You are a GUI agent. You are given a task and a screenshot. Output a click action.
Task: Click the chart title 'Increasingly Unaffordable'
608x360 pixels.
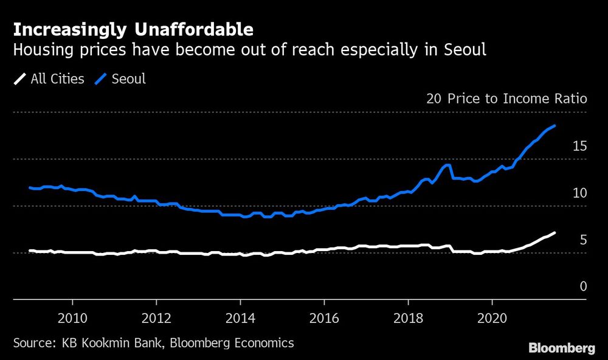click(x=133, y=29)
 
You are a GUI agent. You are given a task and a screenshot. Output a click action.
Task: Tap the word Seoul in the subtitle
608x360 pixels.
click(x=467, y=50)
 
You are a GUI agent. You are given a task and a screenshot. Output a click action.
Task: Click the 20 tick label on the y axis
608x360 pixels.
click(x=434, y=99)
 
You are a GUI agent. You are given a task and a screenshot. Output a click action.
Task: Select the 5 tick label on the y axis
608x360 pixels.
click(x=583, y=240)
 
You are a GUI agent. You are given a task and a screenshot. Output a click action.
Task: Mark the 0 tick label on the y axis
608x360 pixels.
click(x=583, y=286)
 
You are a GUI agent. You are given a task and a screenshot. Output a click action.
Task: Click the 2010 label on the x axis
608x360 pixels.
click(x=72, y=319)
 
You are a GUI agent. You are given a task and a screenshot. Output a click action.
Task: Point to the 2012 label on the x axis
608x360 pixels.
click(x=156, y=319)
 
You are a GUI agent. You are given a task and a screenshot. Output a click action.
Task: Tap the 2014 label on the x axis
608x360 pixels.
click(x=240, y=319)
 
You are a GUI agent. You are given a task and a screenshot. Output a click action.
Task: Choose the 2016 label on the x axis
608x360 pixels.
click(x=324, y=319)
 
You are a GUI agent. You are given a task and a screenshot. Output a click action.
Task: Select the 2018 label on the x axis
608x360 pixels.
click(x=408, y=319)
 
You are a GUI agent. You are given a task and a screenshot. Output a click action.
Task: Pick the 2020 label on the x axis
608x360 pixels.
click(x=492, y=319)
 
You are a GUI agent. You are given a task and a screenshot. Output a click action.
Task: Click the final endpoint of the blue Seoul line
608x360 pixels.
click(x=554, y=126)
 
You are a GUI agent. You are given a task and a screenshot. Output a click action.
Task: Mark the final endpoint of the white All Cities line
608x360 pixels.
click(x=554, y=233)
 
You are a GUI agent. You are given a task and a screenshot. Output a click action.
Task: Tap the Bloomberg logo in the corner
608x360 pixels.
click(x=562, y=348)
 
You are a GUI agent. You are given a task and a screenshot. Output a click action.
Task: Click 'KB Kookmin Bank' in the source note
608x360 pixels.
click(x=112, y=343)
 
